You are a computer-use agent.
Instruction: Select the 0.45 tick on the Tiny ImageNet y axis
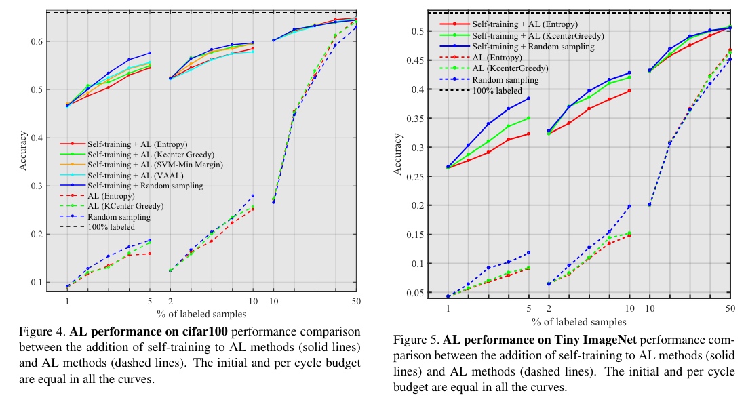point(418,60)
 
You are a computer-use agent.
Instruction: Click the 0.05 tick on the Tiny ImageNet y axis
point(418,292)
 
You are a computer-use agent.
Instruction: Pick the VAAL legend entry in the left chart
point(139,175)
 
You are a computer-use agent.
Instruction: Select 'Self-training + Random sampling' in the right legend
point(533,47)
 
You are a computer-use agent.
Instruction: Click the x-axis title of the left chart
point(201,314)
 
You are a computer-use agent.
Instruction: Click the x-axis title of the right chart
point(578,321)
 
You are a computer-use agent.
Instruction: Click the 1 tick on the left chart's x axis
point(68,301)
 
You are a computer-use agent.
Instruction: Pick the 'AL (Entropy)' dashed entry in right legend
point(497,58)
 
